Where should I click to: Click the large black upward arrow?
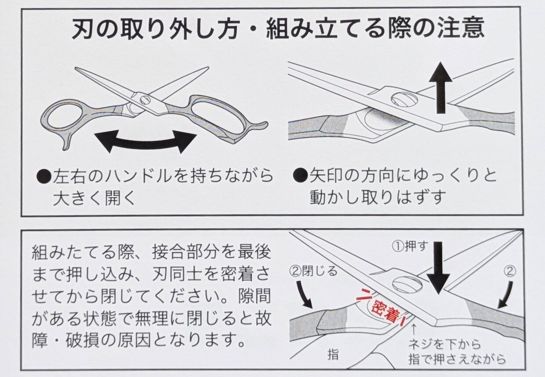[x=440, y=88]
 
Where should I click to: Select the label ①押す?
[x=409, y=247]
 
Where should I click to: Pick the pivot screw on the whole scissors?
[x=145, y=100]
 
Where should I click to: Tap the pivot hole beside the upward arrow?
[x=404, y=99]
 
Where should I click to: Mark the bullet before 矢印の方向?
[x=301, y=176]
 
